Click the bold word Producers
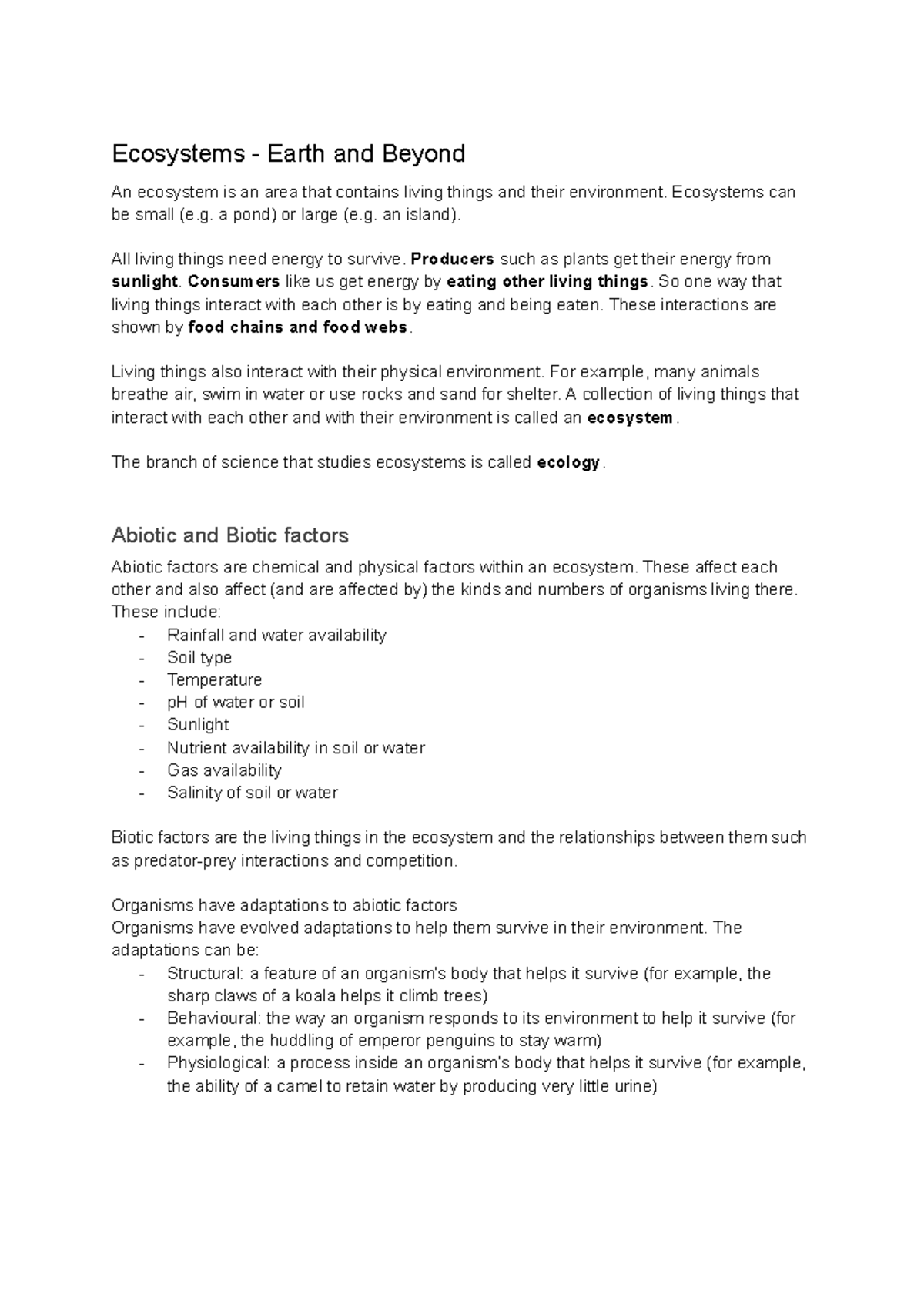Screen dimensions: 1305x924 point(453,259)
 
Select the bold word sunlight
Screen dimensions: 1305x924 point(145,281)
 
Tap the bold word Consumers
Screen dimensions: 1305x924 point(233,281)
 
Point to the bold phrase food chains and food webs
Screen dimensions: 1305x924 point(297,327)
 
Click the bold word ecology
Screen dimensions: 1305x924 point(568,462)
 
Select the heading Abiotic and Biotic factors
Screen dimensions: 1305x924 point(229,535)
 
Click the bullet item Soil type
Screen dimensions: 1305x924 point(199,657)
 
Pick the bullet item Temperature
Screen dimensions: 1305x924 point(214,679)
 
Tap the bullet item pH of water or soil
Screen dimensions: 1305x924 point(236,702)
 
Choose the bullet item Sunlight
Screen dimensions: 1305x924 point(198,724)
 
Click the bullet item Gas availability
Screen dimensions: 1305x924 point(224,770)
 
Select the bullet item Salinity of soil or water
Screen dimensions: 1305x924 point(252,792)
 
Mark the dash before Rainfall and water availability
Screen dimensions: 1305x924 point(142,636)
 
